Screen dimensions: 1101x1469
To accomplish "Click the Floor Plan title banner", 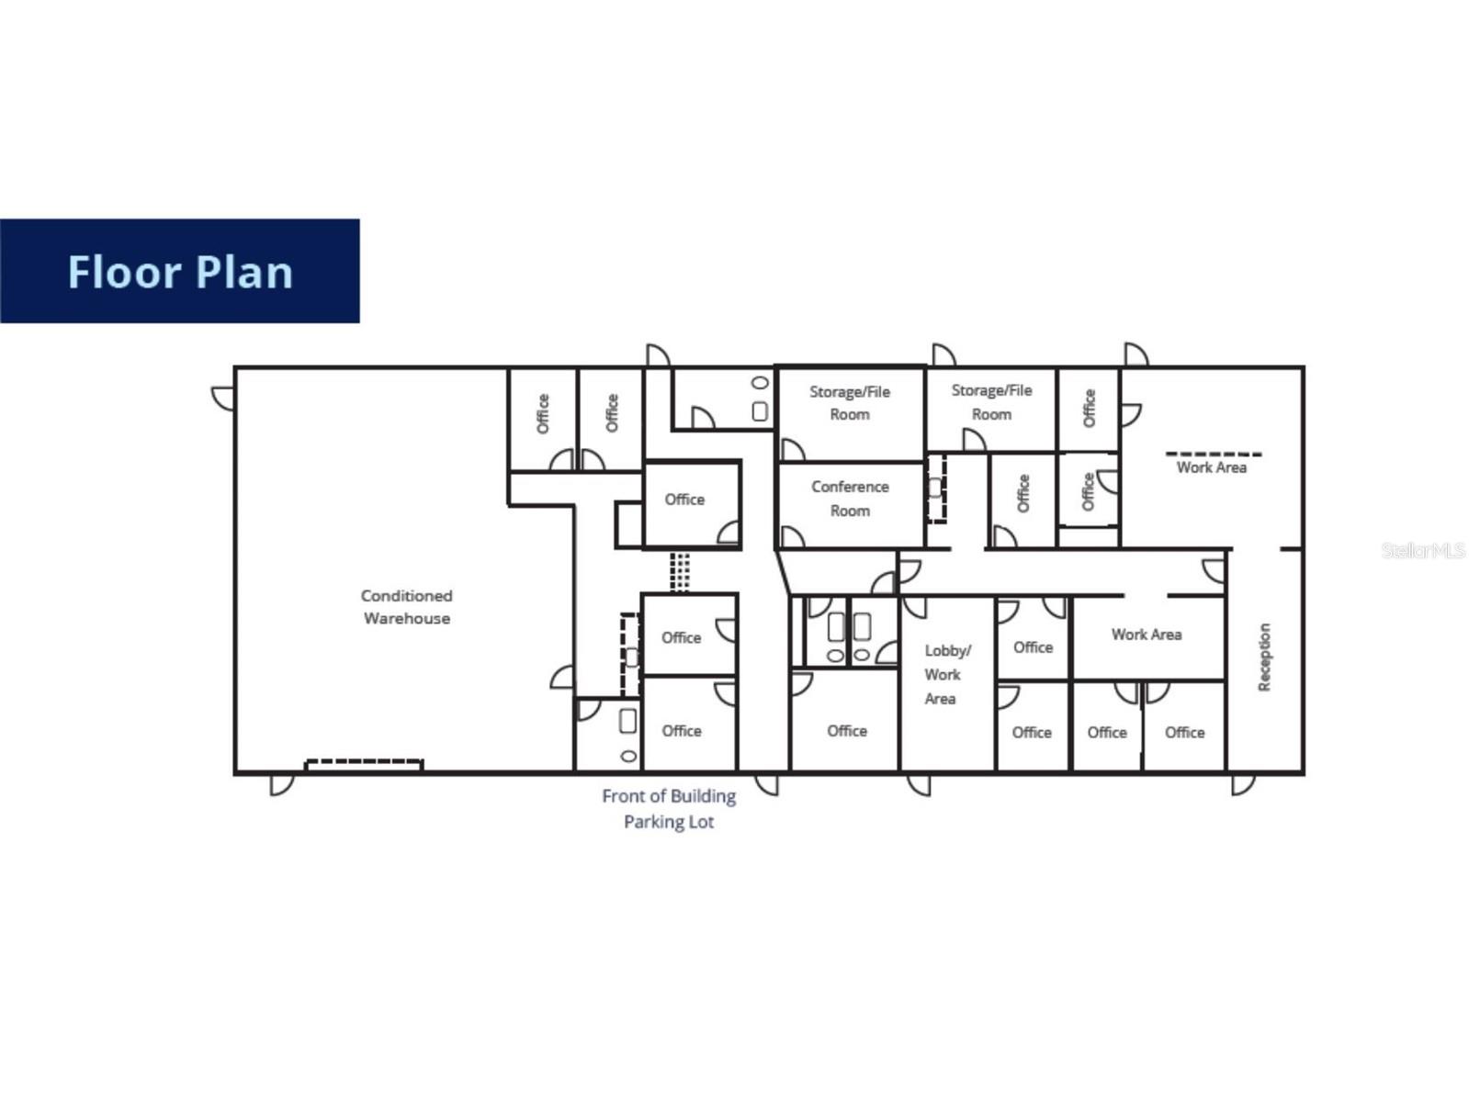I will click(179, 271).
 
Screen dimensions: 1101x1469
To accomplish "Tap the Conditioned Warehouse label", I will click(406, 607).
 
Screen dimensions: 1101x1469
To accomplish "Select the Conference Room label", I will click(850, 499).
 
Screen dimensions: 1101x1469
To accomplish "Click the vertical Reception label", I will click(1264, 657).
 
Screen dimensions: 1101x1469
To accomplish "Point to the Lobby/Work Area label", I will click(944, 674).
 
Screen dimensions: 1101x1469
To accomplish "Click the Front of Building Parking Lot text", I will click(669, 808).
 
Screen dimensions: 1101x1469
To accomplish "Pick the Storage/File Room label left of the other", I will click(850, 403).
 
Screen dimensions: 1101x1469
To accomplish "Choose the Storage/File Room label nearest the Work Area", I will click(991, 402).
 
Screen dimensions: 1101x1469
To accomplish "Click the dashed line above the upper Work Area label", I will click(1213, 454).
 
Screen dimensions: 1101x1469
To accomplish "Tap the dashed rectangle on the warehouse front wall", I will click(364, 763).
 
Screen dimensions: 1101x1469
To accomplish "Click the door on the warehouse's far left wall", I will click(222, 399).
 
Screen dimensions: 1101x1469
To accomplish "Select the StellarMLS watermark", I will click(1422, 550).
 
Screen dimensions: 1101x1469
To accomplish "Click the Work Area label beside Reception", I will click(1146, 635).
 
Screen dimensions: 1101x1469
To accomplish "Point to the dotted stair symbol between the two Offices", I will click(679, 571).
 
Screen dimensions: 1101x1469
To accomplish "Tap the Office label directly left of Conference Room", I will click(684, 500).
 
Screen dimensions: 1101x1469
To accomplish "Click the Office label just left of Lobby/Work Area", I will click(846, 731).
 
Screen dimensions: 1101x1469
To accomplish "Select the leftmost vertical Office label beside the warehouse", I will click(542, 413).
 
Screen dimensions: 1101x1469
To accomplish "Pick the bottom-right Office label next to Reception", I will click(1184, 732).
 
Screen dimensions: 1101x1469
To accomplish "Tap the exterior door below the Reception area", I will click(1242, 784).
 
